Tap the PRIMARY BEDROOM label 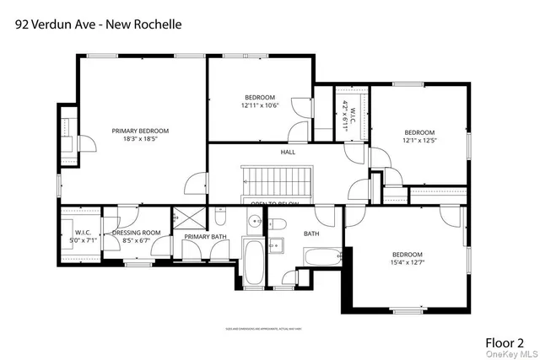tap(141, 131)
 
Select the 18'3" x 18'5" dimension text tap(141, 139)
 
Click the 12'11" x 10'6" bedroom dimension tap(260, 105)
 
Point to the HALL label tap(288, 152)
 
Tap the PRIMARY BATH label tap(205, 237)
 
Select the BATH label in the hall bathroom tap(311, 234)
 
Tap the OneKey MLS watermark tap(516, 355)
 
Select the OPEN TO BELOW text tap(275, 204)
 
